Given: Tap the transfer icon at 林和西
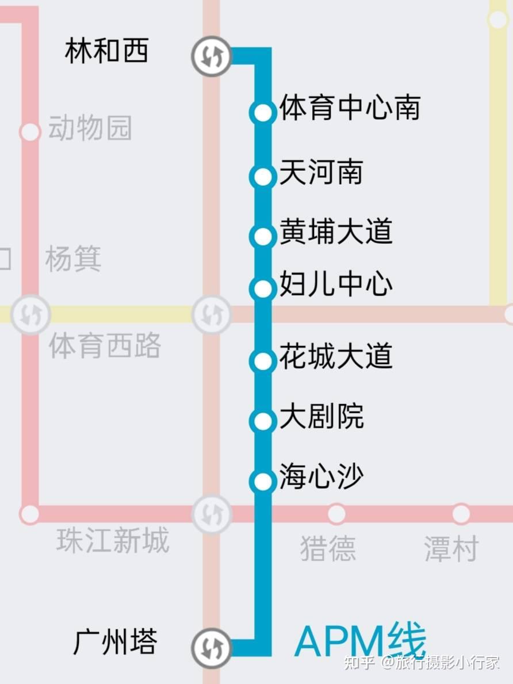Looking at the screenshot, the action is (211, 56).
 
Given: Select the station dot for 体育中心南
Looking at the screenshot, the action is (263, 113).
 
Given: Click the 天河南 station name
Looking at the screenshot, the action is (321, 172).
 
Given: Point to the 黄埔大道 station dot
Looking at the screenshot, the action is (263, 236).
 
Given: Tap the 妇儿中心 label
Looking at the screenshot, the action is (336, 285).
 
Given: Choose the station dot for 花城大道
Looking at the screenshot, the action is (263, 361).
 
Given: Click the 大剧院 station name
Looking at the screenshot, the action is (321, 417).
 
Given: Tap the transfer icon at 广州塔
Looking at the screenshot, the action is (211, 648).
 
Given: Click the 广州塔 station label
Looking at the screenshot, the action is (115, 641).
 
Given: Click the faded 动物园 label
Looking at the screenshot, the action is (90, 128).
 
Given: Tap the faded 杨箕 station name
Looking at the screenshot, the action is (73, 259).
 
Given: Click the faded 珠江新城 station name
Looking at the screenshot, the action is (113, 541).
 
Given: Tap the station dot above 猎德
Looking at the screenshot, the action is (336, 513).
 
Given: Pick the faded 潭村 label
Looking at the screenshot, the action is (451, 548).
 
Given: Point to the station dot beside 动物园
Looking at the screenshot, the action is (29, 132).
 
